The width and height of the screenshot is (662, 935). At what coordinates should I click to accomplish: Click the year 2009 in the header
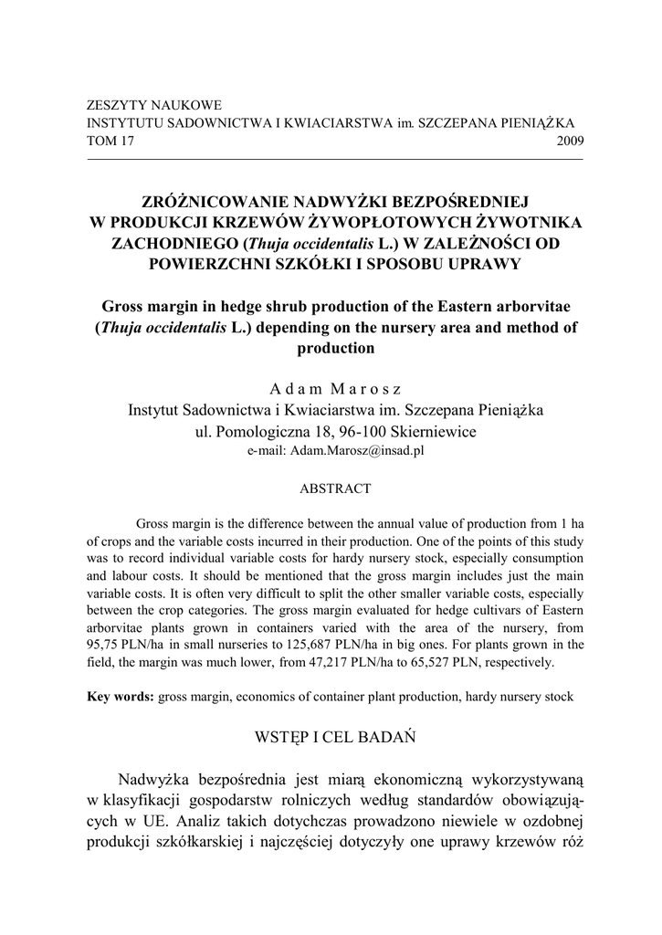click(570, 142)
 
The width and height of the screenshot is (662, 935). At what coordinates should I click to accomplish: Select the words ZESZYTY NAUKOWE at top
click(153, 106)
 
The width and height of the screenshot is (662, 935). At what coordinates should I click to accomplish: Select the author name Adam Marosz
click(335, 389)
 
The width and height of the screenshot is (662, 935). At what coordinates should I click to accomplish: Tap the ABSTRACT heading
click(335, 489)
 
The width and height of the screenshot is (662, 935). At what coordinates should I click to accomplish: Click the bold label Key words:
click(121, 698)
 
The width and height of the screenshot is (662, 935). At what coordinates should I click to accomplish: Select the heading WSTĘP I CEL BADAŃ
click(335, 737)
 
